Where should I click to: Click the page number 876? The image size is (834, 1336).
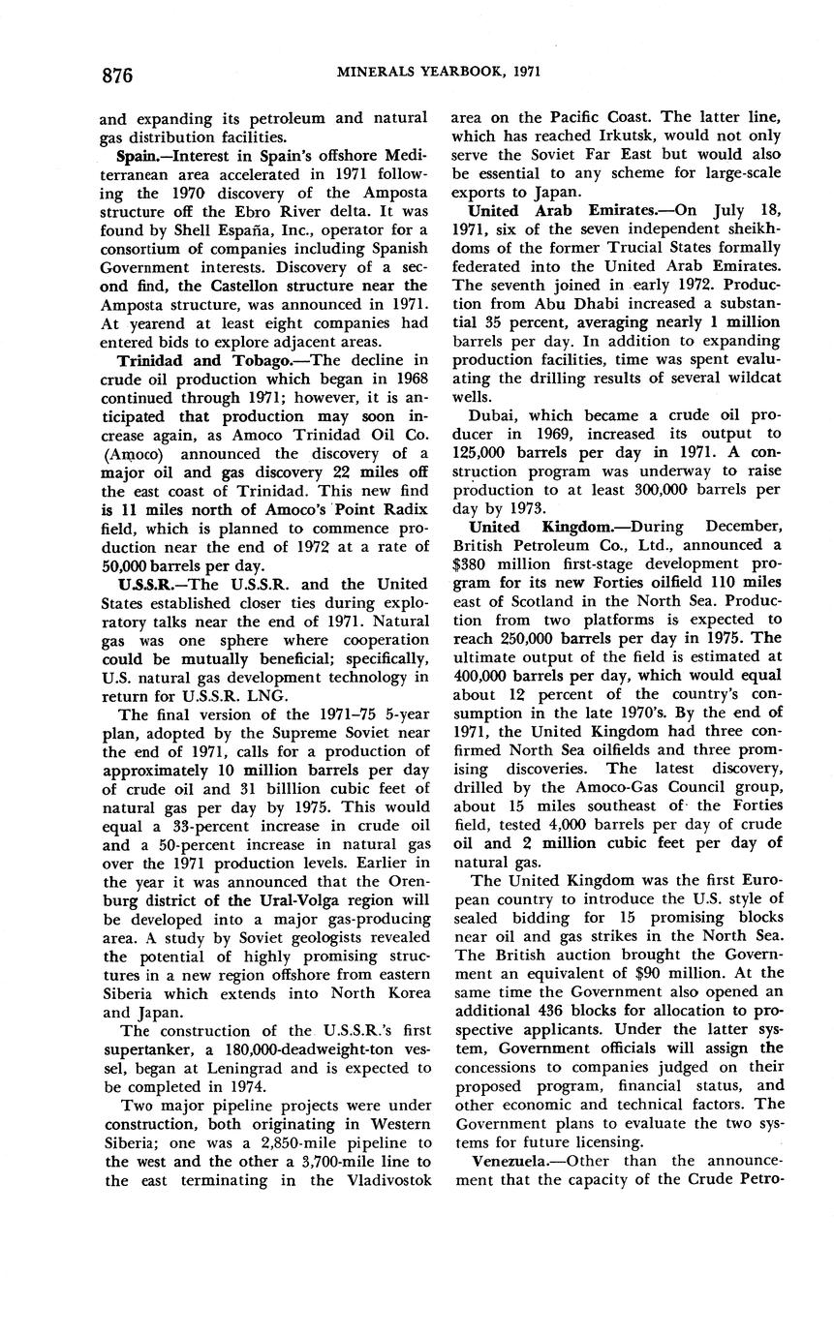tap(115, 75)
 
